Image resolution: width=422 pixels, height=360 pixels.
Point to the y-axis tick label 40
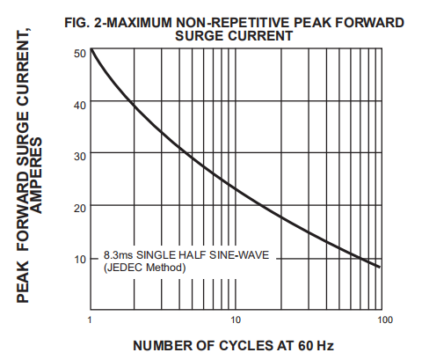(x=79, y=105)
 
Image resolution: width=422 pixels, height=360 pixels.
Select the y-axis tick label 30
(x=79, y=156)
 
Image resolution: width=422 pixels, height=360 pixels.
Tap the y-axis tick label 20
(x=79, y=208)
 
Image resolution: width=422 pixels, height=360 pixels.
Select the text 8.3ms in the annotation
(x=119, y=255)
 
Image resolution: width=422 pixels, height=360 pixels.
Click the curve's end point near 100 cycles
(x=380, y=266)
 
